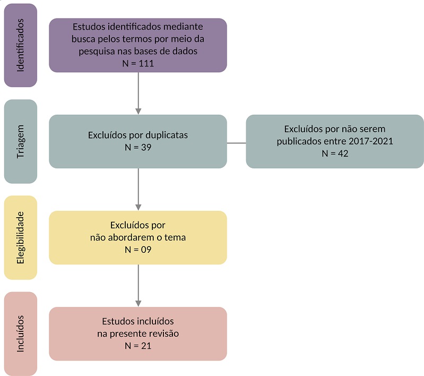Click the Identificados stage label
click(x=21, y=45)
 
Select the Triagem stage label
click(x=21, y=141)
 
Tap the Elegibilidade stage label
click(x=21, y=237)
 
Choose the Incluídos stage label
click(x=21, y=334)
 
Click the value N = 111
click(x=137, y=64)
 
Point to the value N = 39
click(x=137, y=147)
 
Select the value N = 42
click(x=334, y=153)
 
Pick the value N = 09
click(x=137, y=249)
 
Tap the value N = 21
click(x=137, y=346)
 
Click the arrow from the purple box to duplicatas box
click(x=138, y=93)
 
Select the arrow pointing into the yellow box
click(x=138, y=190)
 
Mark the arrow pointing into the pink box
click(x=138, y=286)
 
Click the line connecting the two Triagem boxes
click(x=237, y=143)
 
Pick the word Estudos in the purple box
click(x=88, y=26)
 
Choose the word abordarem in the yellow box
click(x=130, y=237)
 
